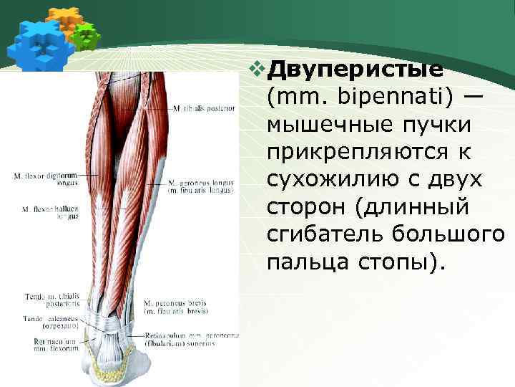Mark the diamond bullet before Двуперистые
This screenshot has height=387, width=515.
click(257, 70)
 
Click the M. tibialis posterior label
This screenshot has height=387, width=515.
click(203, 109)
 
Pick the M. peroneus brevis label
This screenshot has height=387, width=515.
click(175, 308)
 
